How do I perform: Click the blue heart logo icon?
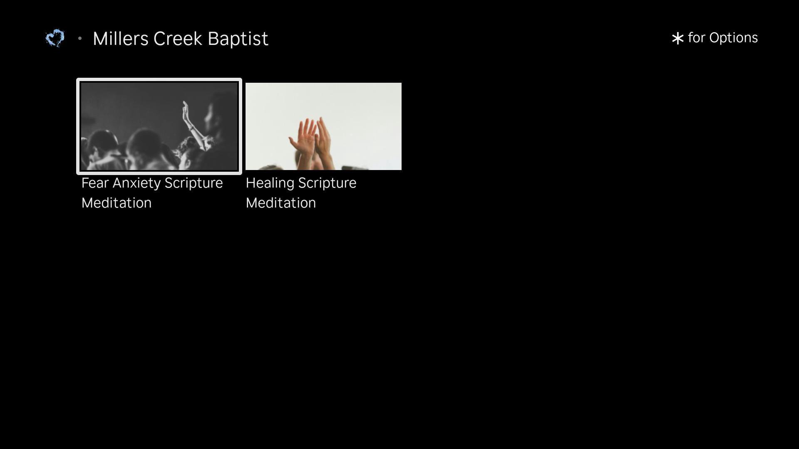click(55, 38)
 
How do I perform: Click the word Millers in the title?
click(121, 39)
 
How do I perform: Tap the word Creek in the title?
click(178, 39)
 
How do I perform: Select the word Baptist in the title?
click(238, 39)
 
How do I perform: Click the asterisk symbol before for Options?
click(677, 39)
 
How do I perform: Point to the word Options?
click(734, 38)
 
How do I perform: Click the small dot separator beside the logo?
click(80, 39)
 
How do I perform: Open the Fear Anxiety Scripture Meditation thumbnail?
click(159, 126)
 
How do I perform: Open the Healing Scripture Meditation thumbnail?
click(323, 126)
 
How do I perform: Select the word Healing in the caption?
click(270, 183)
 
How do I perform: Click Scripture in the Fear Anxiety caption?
click(194, 183)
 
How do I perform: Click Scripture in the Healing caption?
click(327, 183)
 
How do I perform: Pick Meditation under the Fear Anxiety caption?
click(117, 203)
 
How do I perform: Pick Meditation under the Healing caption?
click(281, 203)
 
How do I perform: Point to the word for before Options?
click(697, 38)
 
